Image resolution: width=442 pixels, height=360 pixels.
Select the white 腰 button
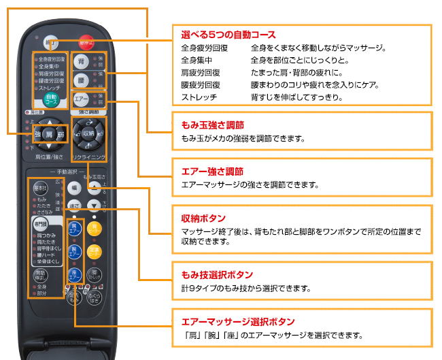tap(81, 80)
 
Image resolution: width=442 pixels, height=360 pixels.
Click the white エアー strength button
tap(81, 99)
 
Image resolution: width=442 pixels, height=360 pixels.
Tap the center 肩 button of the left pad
tap(49, 135)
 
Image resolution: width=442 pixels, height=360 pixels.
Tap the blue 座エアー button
tap(75, 276)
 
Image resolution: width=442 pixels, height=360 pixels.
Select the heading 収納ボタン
tap(203, 219)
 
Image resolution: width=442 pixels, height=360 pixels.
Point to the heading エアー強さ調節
tap(212, 171)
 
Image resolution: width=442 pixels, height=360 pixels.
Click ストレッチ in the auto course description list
tap(199, 97)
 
